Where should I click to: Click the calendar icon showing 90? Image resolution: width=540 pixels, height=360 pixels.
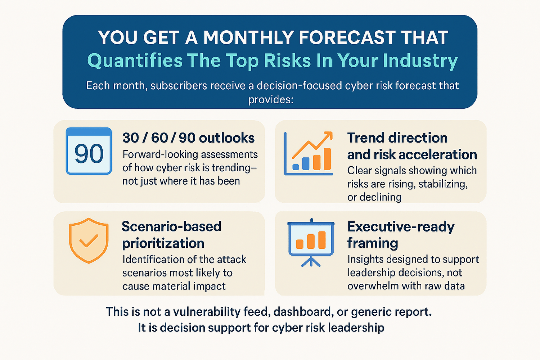(x=89, y=151)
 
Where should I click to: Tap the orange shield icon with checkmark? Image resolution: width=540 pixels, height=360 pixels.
(x=89, y=240)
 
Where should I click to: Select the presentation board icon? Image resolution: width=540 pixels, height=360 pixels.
(x=311, y=243)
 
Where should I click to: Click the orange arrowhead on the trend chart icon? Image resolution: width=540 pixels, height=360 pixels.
(x=329, y=135)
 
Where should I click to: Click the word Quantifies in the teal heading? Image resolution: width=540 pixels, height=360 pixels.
(x=135, y=61)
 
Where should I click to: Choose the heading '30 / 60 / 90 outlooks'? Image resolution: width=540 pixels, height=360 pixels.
(x=189, y=138)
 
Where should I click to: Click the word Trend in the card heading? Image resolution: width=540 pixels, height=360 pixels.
(x=366, y=138)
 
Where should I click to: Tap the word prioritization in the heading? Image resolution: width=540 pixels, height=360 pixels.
(x=163, y=243)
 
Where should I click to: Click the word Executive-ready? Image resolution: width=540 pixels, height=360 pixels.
(x=401, y=227)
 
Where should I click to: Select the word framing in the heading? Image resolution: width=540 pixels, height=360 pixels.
(x=373, y=243)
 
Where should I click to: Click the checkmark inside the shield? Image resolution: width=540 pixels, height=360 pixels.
(x=89, y=240)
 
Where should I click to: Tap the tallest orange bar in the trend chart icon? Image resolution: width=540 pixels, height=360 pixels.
(x=327, y=159)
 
